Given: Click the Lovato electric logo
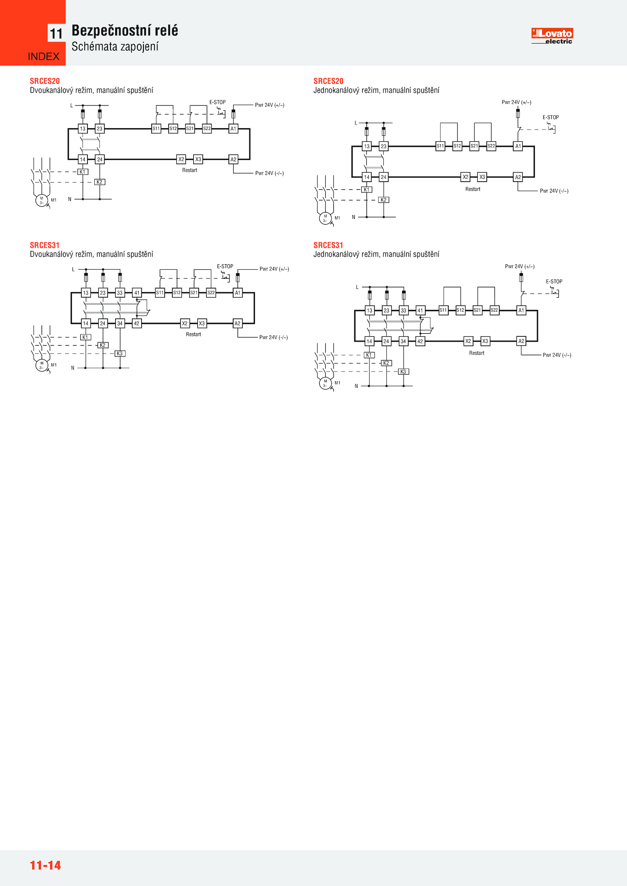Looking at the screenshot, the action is click(x=552, y=36).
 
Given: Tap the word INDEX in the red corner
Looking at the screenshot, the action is click(x=43, y=57).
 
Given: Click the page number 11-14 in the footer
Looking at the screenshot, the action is click(x=45, y=865).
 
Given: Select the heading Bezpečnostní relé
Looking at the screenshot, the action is click(x=125, y=31).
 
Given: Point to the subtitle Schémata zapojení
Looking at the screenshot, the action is click(x=115, y=47).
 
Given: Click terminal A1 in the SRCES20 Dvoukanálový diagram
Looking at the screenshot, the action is click(x=233, y=128).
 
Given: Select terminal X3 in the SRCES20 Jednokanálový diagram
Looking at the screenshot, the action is click(x=482, y=177).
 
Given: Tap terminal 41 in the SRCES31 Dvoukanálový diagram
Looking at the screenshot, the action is click(x=137, y=292).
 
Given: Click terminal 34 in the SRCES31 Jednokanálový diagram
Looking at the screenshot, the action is click(x=403, y=341).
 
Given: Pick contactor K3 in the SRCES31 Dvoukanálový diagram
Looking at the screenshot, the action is click(x=120, y=354).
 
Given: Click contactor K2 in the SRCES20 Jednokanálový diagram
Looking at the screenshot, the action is click(x=384, y=200).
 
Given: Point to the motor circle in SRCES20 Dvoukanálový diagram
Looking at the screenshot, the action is click(x=42, y=200).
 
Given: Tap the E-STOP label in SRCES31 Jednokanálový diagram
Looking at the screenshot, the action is click(x=554, y=281).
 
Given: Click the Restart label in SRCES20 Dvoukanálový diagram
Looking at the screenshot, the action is click(x=190, y=170).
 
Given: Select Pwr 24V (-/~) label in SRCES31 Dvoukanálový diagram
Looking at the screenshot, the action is click(x=274, y=337).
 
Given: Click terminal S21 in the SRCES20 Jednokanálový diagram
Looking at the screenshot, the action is click(x=474, y=146).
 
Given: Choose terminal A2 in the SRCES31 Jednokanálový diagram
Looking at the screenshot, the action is click(x=521, y=341).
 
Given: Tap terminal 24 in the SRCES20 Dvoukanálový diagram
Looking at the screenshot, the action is click(x=100, y=159).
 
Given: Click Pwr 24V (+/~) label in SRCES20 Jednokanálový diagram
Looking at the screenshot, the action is click(x=516, y=103).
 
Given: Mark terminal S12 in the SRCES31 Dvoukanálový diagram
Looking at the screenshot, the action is click(x=177, y=292).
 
